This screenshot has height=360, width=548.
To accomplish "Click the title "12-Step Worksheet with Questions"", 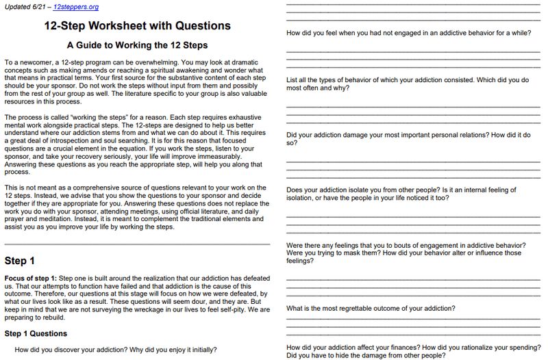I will pyautogui.click(x=137, y=26).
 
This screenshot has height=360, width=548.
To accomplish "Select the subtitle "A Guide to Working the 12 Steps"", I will pyautogui.click(x=137, y=45).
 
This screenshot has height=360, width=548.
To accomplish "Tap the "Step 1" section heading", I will pyautogui.click(x=19, y=261).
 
